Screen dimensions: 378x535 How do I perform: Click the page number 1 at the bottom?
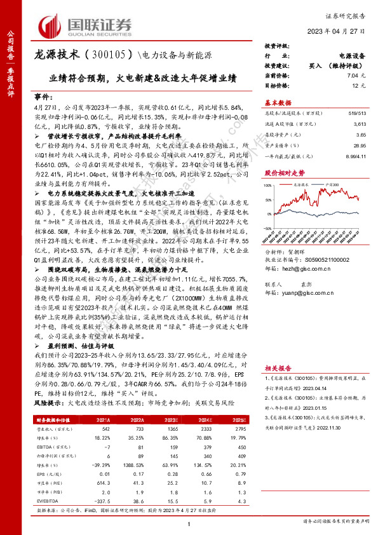tap(189, 522)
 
